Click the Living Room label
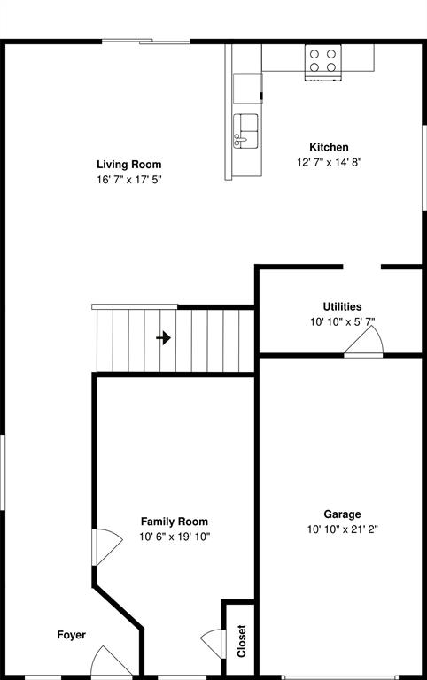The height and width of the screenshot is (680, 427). (128, 164)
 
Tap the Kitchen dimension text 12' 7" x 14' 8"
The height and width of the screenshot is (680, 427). (329, 162)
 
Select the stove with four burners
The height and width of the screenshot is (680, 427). (322, 61)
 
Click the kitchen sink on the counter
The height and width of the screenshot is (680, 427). (246, 130)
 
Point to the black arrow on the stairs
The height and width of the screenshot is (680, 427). (163, 337)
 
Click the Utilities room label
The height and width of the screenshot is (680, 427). (342, 306)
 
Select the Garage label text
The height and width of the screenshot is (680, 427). (342, 514)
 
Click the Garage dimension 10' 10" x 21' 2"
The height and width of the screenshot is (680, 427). (342, 529)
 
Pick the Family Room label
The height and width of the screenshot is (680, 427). (175, 522)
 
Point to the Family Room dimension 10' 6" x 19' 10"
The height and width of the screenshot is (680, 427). (175, 537)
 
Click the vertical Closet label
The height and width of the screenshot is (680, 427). (241, 641)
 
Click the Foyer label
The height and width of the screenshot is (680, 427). (72, 635)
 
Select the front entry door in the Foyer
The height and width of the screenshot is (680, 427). (111, 662)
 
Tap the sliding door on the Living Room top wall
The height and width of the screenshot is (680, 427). (145, 41)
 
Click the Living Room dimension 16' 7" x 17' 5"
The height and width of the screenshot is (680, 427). (128, 179)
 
